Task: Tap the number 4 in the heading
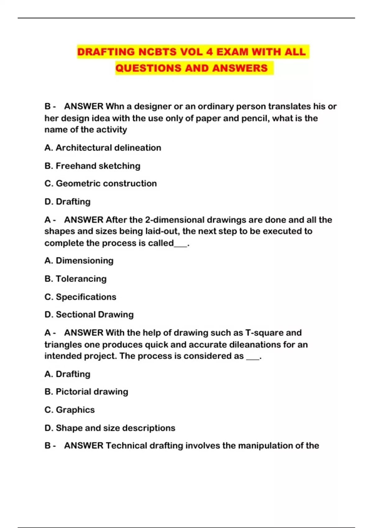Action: (x=209, y=52)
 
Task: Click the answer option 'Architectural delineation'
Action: (x=103, y=148)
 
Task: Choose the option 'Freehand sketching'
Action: (x=92, y=166)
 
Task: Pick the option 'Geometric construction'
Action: (x=101, y=184)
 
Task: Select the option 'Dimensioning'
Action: (x=79, y=261)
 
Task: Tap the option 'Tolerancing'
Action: (x=76, y=279)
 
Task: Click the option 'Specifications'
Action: (x=80, y=297)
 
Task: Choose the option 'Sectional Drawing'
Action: (x=89, y=315)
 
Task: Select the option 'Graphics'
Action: (x=70, y=410)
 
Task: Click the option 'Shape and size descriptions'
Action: (x=110, y=428)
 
